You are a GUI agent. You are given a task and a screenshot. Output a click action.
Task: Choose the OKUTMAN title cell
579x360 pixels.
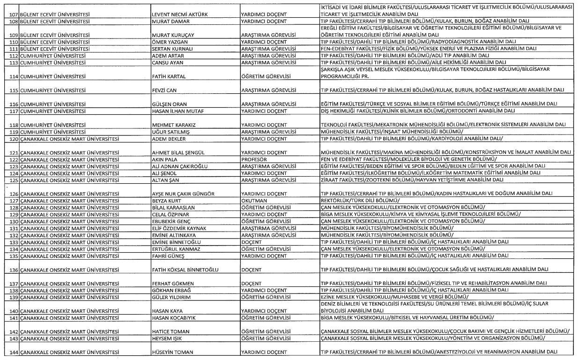tap(254, 201)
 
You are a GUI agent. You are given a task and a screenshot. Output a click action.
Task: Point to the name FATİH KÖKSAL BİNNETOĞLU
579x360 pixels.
tap(186, 270)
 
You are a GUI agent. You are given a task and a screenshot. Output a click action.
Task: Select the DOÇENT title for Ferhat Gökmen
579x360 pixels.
tap(251, 284)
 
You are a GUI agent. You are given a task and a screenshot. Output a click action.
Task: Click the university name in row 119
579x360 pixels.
tap(53, 132)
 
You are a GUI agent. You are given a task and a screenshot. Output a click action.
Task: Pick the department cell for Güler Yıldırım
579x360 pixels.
tap(394, 297)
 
